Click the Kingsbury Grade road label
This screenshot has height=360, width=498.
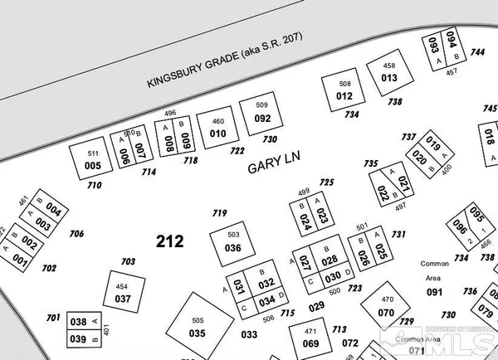(x=224, y=60)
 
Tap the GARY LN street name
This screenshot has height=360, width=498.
(x=272, y=168)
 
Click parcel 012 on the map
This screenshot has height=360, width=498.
(x=344, y=96)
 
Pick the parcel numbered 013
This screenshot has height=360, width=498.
(x=389, y=77)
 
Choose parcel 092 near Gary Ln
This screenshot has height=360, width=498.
(x=262, y=119)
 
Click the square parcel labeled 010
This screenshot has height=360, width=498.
(x=217, y=133)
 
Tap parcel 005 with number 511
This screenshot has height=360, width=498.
(x=93, y=165)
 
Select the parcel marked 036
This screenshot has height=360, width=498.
(x=233, y=248)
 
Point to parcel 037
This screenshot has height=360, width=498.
(x=123, y=299)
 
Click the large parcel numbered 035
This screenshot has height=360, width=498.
(x=197, y=333)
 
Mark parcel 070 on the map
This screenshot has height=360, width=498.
(x=386, y=312)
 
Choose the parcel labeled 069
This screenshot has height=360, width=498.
(x=310, y=343)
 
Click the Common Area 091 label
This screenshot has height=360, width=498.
(x=435, y=292)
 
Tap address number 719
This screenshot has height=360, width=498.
(x=219, y=213)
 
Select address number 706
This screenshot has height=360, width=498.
(x=76, y=234)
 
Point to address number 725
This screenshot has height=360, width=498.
(x=326, y=182)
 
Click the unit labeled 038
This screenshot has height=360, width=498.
(x=78, y=322)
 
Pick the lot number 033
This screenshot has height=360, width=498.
(x=249, y=334)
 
